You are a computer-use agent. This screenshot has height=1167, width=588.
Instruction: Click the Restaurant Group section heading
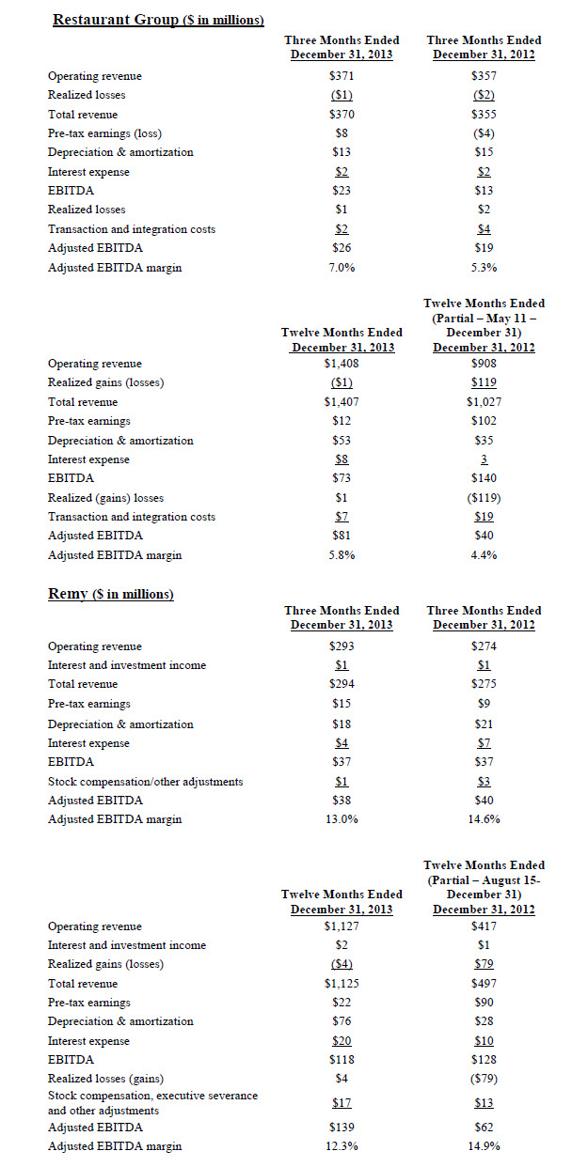point(157,19)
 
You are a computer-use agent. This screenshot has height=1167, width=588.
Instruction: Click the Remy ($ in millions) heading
point(110,594)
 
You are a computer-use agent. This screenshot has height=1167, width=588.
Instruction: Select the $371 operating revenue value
point(341,75)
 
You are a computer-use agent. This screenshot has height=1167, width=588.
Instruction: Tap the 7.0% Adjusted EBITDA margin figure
point(341,268)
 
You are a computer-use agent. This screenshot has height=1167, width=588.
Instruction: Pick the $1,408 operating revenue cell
point(341,364)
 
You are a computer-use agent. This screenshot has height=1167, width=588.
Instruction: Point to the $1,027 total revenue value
point(483,402)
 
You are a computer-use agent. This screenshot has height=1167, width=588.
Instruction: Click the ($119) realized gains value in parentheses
point(483,498)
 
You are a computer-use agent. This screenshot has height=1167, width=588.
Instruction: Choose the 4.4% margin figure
point(483,555)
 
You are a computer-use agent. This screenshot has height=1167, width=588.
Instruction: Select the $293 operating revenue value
point(341,646)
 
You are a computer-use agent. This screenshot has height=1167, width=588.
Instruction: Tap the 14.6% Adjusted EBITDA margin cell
point(483,819)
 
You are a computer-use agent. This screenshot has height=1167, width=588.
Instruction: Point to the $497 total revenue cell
point(483,983)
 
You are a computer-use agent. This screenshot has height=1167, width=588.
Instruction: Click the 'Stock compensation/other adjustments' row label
point(145,781)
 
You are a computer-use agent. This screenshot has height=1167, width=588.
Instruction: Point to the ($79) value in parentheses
point(483,1079)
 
